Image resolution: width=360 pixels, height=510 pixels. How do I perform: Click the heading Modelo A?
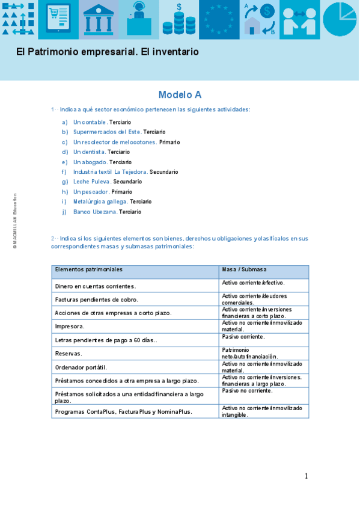point(180,94)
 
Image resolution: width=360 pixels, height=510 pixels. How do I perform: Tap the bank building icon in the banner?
point(99,20)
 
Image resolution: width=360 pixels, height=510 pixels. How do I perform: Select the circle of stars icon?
point(219,20)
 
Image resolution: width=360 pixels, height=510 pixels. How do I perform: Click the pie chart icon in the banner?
point(340,19)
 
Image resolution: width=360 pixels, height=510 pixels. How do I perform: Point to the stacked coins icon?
point(179,22)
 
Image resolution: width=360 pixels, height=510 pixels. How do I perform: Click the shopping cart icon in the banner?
point(58,20)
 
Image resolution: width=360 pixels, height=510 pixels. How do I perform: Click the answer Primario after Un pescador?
point(121,192)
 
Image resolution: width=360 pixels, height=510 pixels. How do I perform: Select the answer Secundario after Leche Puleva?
point(127,182)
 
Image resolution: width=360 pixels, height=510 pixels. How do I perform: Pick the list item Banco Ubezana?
point(95,212)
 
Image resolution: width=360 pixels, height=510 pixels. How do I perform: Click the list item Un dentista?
point(89,152)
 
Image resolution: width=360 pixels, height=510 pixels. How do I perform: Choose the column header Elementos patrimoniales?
point(88,269)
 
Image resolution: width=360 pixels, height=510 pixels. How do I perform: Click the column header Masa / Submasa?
point(244,269)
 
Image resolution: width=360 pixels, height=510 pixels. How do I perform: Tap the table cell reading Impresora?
point(70,327)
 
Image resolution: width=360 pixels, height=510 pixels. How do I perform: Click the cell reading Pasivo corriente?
point(243,337)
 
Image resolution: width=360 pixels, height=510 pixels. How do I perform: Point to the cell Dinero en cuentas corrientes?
point(95,286)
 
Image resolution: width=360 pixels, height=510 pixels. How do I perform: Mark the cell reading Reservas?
point(69,354)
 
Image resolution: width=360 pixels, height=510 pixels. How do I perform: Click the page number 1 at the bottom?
point(306,476)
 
